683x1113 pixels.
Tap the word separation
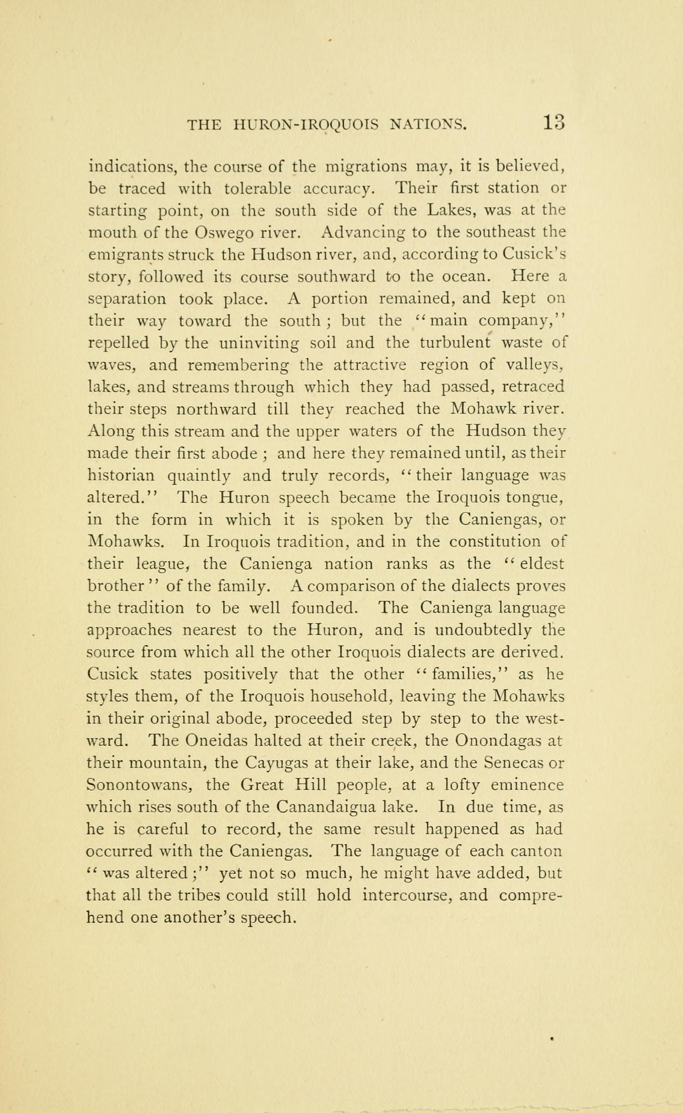click(127, 300)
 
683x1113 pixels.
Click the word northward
click(216, 409)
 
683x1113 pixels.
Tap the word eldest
click(542, 564)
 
